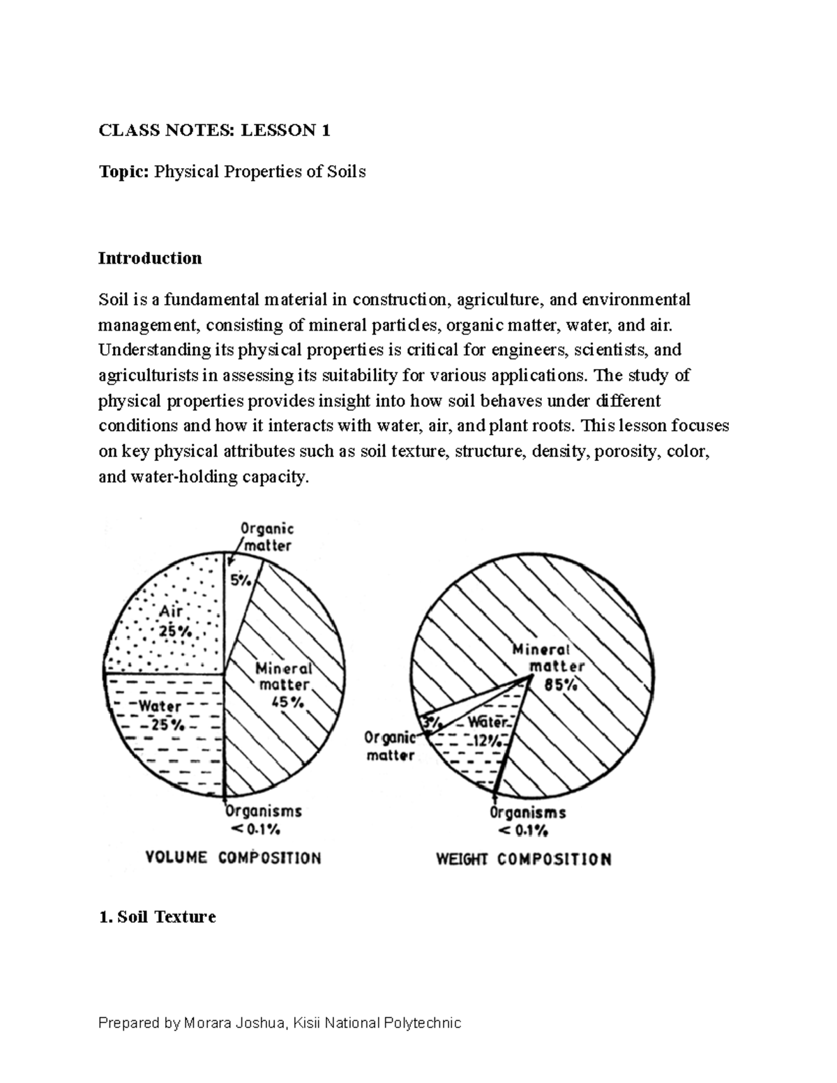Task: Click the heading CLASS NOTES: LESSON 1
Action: point(214,130)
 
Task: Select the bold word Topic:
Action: point(123,172)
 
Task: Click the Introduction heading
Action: point(150,258)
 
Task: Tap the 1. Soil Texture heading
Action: point(157,916)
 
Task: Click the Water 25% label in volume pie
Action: point(162,715)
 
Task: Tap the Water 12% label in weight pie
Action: point(487,732)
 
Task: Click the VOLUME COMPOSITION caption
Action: point(233,858)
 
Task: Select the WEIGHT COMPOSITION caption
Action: point(523,859)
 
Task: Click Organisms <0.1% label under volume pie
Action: point(263,820)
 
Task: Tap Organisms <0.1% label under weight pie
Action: point(527,821)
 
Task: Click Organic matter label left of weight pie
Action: point(390,746)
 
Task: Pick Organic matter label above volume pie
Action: point(266,538)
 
